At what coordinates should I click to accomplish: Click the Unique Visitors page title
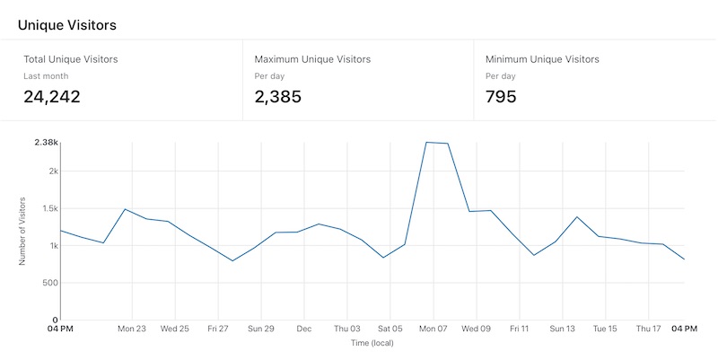(66, 25)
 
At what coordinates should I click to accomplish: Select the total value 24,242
(51, 96)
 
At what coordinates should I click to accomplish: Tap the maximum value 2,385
(278, 96)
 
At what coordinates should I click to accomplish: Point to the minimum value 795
(501, 96)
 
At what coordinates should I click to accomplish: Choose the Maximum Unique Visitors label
(312, 59)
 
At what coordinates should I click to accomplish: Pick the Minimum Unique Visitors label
(542, 59)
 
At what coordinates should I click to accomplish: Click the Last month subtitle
(46, 76)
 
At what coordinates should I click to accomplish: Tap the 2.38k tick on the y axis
(47, 143)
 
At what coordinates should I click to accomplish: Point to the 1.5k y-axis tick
(48, 208)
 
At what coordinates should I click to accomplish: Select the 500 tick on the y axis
(49, 283)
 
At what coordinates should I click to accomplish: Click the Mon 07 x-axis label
(433, 329)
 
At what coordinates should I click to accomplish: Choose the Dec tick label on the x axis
(304, 329)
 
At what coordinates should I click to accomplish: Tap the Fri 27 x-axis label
(218, 329)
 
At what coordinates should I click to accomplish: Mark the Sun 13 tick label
(563, 329)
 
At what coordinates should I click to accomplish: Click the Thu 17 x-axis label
(649, 329)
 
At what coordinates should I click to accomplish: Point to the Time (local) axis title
(372, 343)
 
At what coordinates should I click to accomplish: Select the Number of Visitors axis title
(22, 231)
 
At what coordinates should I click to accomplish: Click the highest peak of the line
(427, 142)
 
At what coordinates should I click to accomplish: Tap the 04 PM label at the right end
(685, 329)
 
